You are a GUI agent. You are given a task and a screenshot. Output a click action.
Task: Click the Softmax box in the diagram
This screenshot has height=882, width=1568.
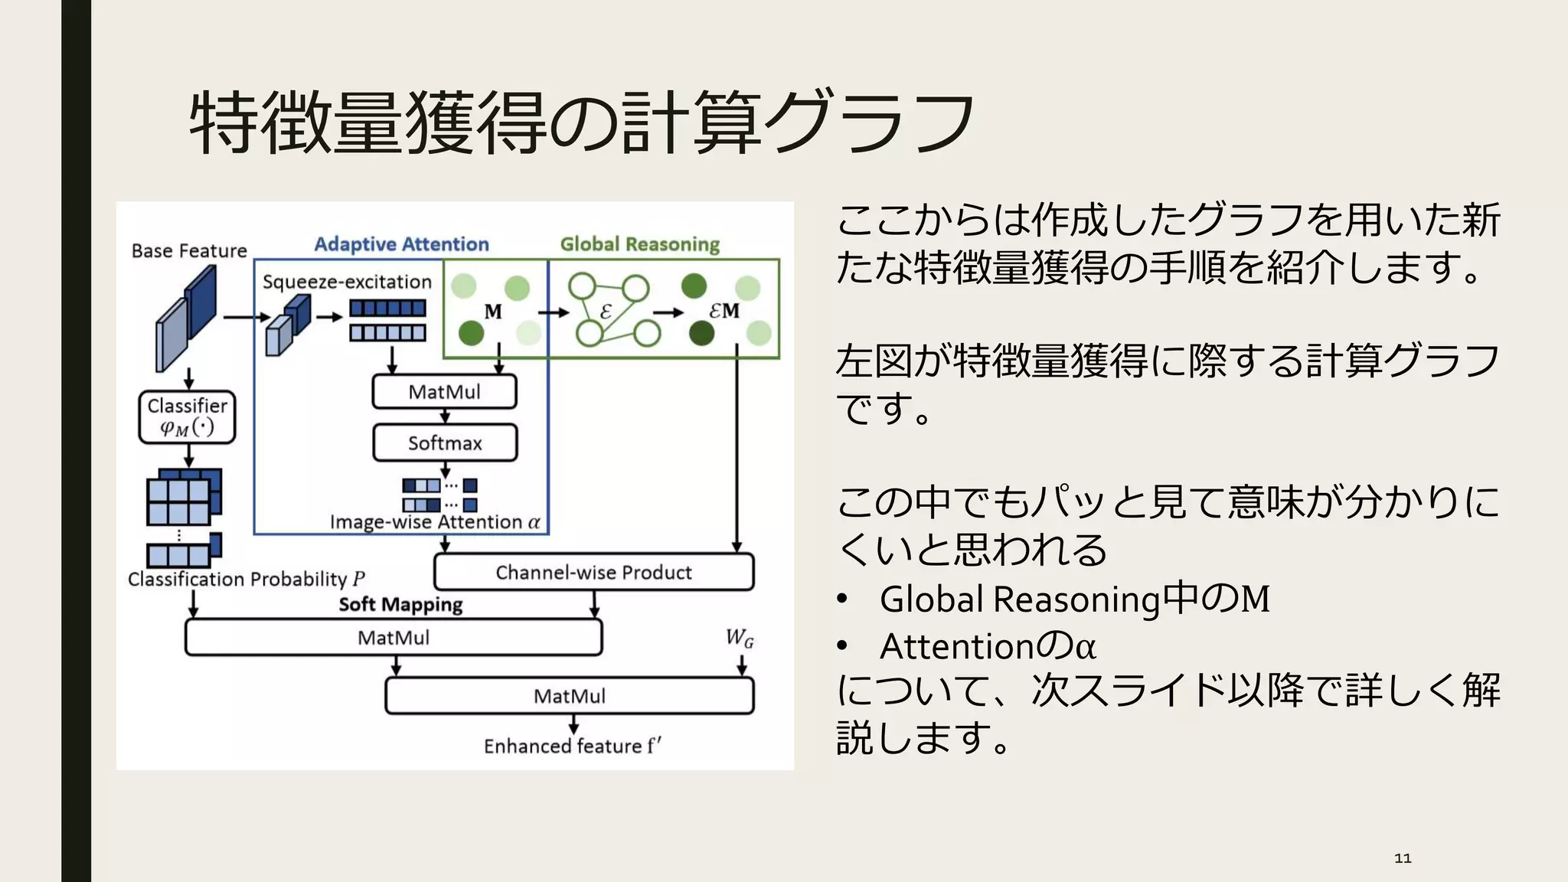point(445,443)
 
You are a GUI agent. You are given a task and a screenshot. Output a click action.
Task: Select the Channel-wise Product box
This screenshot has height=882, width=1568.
point(593,572)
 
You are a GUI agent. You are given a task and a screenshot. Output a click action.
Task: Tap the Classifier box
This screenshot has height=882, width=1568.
point(187,416)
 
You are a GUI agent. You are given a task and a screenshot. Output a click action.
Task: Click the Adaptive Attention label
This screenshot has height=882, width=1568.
point(401,244)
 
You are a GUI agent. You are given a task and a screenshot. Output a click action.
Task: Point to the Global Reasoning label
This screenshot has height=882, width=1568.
point(640,244)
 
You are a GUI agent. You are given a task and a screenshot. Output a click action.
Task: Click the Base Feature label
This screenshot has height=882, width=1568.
point(189,251)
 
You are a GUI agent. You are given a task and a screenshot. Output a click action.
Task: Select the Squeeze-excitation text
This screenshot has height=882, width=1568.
point(347,282)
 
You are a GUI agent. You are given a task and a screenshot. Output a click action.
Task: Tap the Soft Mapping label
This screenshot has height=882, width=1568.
point(400,605)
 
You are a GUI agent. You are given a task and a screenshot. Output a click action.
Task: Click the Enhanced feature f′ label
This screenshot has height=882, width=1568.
point(572,746)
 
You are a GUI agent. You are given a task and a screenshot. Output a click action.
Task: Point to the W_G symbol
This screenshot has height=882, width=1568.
point(740,638)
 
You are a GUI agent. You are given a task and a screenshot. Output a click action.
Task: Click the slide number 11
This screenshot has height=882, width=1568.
point(1403,858)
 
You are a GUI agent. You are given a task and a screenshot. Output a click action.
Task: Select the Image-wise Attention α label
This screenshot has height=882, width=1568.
point(435,522)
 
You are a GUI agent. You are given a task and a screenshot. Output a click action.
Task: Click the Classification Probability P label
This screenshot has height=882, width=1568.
point(246,579)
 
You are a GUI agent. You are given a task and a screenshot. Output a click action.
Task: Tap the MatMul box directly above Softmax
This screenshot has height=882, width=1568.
point(444,392)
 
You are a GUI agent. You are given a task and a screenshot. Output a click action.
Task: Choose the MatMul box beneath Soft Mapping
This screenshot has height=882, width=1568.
point(394,638)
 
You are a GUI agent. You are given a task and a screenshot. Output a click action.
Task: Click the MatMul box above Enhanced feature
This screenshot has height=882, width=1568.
point(569,696)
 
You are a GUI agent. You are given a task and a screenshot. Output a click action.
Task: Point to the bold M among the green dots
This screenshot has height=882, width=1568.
point(493,312)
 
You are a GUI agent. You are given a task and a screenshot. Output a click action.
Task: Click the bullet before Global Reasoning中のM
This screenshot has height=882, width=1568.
point(843,599)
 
